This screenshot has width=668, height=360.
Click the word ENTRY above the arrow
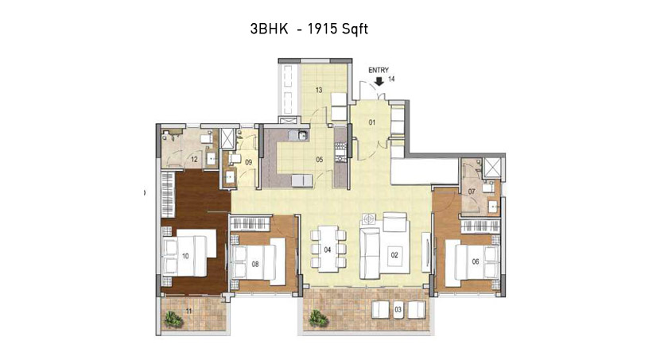[379, 70]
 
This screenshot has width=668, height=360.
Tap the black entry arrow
[379, 81]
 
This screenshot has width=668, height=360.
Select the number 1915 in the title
[323, 29]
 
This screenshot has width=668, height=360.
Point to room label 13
[319, 90]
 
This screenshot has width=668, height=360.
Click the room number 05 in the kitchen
[319, 160]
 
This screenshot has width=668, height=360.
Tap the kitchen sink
[302, 136]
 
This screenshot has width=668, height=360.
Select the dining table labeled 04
[327, 249]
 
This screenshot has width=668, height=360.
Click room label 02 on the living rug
[394, 255]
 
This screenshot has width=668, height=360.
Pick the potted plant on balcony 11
[172, 319]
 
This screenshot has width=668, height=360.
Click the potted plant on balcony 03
[317, 318]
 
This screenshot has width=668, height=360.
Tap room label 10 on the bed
[185, 256]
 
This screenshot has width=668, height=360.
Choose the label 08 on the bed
[255, 265]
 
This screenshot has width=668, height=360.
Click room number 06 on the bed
[476, 261]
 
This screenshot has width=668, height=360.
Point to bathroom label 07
[472, 192]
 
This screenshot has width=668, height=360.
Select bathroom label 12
[194, 160]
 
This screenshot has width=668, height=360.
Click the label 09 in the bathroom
[249, 162]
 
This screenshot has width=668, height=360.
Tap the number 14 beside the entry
[391, 79]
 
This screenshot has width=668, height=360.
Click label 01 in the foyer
[372, 122]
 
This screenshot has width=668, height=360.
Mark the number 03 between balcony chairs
[398, 309]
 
